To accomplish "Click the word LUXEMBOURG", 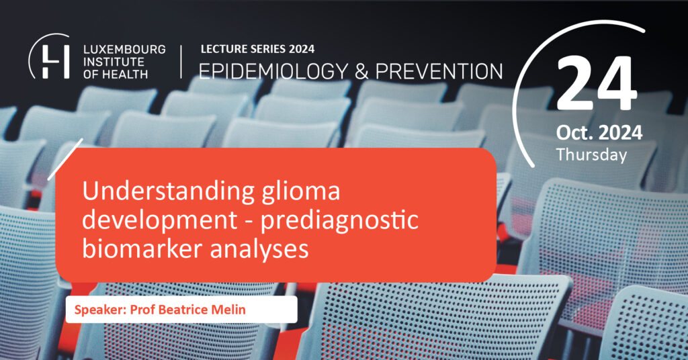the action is coord(124,49).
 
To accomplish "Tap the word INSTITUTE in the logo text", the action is coord(114,62).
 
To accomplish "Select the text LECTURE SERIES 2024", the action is coord(257,48).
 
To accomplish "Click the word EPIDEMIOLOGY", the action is coord(273,71).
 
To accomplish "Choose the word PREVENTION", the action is coord(439,71).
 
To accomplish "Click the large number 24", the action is coord(597,83).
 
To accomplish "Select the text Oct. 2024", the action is coord(599,132).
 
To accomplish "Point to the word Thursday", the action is coord(591,154).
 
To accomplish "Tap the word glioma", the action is coord(301,192).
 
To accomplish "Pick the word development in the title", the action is coord(160,220).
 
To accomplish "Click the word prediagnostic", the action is coord(339,220).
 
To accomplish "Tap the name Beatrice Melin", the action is coord(202,310).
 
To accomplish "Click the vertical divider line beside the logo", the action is coord(181,61).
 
